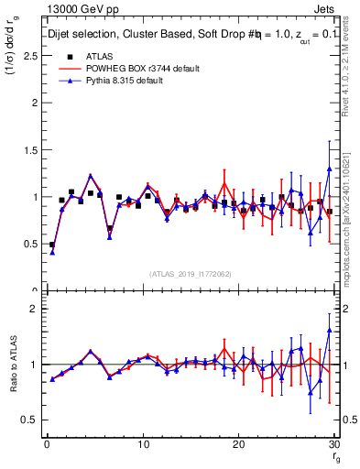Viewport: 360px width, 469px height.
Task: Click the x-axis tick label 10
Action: (x=143, y=444)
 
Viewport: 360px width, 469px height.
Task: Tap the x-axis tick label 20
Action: (x=238, y=444)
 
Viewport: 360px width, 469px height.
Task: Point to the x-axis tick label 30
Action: (x=333, y=444)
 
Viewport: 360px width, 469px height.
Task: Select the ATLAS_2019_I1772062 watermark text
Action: (x=191, y=274)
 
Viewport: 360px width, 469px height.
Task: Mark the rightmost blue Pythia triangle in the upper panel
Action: (x=329, y=169)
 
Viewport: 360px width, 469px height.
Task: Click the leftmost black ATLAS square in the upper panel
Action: (x=52, y=245)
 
